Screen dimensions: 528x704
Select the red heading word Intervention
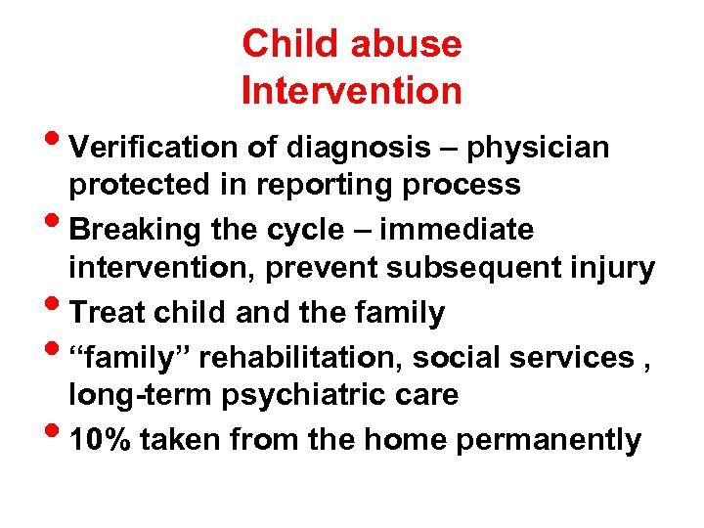point(351,91)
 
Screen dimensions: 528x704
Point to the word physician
point(539,148)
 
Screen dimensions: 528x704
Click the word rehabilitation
point(291,358)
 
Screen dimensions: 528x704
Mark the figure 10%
point(103,440)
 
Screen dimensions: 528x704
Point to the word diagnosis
point(356,148)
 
